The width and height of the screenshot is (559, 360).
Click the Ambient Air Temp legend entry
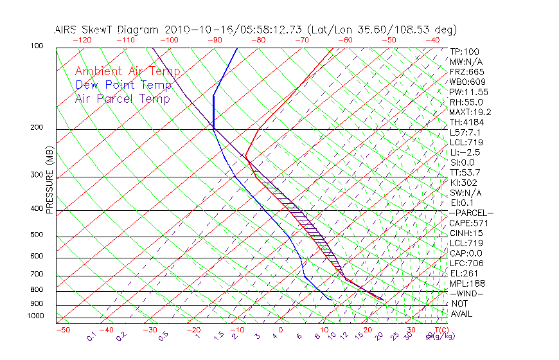(127, 71)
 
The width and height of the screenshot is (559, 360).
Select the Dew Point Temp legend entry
(123, 85)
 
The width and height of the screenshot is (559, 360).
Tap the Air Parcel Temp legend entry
(122, 98)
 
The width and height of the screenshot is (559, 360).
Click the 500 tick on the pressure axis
(37, 235)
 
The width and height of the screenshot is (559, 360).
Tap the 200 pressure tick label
(37, 128)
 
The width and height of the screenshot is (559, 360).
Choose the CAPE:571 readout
(466, 223)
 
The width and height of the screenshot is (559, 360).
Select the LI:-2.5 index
(465, 152)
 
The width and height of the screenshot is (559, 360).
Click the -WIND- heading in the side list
(468, 293)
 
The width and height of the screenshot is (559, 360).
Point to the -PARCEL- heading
(470, 213)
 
